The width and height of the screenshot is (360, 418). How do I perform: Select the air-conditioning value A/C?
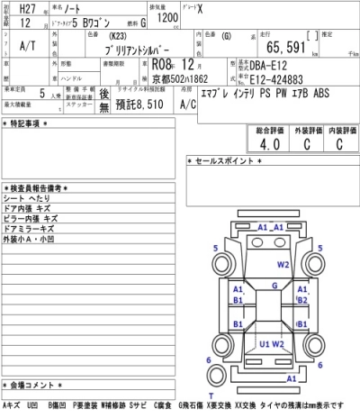click(188, 104)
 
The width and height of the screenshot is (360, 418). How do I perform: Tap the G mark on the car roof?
click(272, 285)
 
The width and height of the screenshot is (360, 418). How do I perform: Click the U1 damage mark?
click(265, 343)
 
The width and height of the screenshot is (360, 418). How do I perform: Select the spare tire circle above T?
click(211, 383)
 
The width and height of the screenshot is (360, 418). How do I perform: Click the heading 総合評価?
click(262, 129)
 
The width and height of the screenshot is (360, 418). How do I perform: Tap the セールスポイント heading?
click(225, 160)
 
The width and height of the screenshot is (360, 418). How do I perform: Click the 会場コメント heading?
click(32, 397)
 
